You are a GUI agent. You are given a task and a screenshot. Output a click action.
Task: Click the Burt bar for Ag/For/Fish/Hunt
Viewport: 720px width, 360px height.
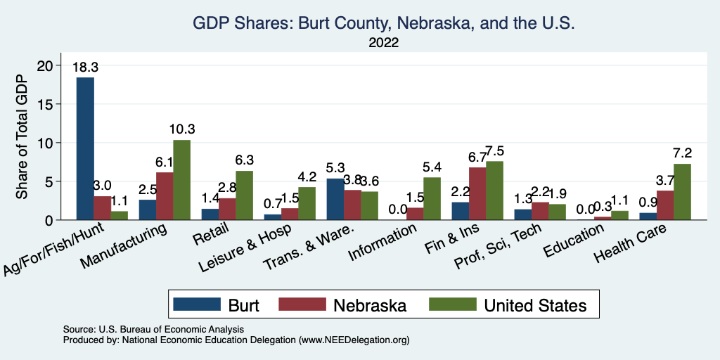pos(85,149)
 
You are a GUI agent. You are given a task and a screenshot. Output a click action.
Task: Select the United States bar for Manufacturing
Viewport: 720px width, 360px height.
pos(181,180)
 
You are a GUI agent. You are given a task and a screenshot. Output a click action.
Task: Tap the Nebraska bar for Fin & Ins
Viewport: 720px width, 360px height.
pos(477,193)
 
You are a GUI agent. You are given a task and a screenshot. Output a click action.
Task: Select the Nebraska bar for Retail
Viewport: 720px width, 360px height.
pos(226,209)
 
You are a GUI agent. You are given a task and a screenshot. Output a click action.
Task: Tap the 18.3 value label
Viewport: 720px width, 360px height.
pos(85,67)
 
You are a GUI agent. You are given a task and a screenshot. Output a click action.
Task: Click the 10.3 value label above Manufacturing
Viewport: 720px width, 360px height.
pos(181,129)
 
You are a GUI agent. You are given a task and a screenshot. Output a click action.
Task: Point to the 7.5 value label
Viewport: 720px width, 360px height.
pos(494,151)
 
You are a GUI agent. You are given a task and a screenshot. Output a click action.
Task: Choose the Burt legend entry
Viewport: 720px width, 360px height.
pos(218,305)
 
